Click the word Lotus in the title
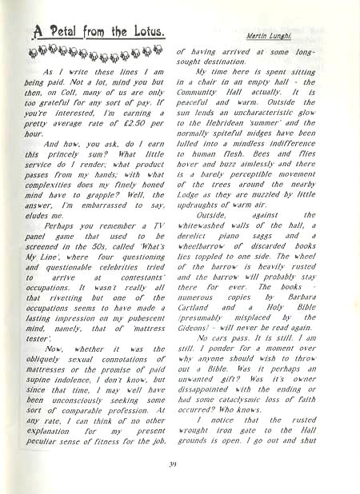[x=145, y=33]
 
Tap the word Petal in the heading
[x=62, y=33]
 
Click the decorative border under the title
[x=88, y=55]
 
